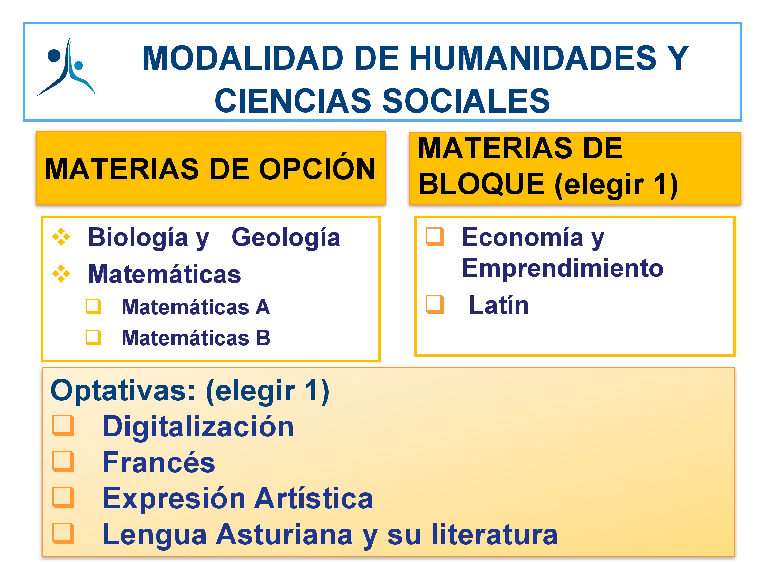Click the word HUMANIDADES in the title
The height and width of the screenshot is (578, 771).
pos(533,58)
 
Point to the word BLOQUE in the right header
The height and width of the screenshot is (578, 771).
pos(481,184)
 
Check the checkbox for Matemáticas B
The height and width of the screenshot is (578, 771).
pos(93,338)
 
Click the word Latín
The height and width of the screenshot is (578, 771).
pos(499,305)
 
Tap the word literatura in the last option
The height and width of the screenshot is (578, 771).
pos(495,534)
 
